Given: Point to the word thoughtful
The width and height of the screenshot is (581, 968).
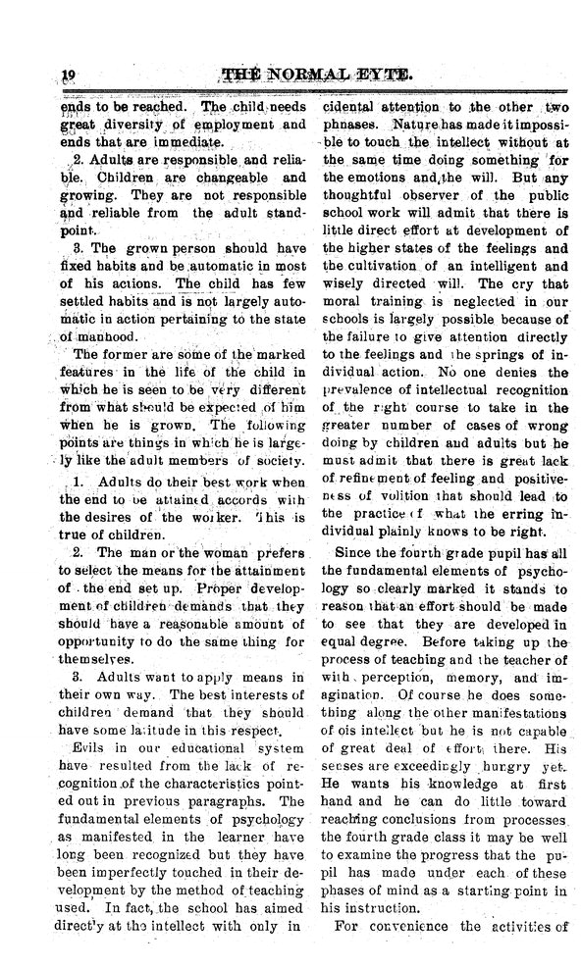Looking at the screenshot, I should click(359, 195).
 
